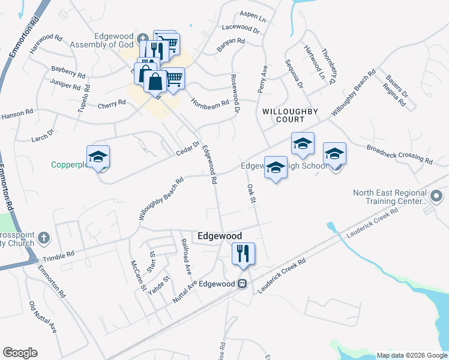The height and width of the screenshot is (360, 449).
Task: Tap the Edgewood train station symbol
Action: (243, 284)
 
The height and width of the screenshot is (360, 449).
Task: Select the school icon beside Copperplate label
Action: (98, 157)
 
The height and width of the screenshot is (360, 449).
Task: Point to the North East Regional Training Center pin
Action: (436, 196)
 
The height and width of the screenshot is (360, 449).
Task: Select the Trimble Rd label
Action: (58, 256)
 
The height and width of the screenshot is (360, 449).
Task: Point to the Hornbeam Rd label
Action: (210, 103)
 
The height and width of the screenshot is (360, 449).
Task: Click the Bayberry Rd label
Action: (68, 73)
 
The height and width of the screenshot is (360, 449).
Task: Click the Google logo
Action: (20, 353)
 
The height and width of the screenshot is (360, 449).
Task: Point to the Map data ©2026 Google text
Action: (411, 355)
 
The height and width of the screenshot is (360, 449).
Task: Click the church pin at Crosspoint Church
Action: (43, 239)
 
